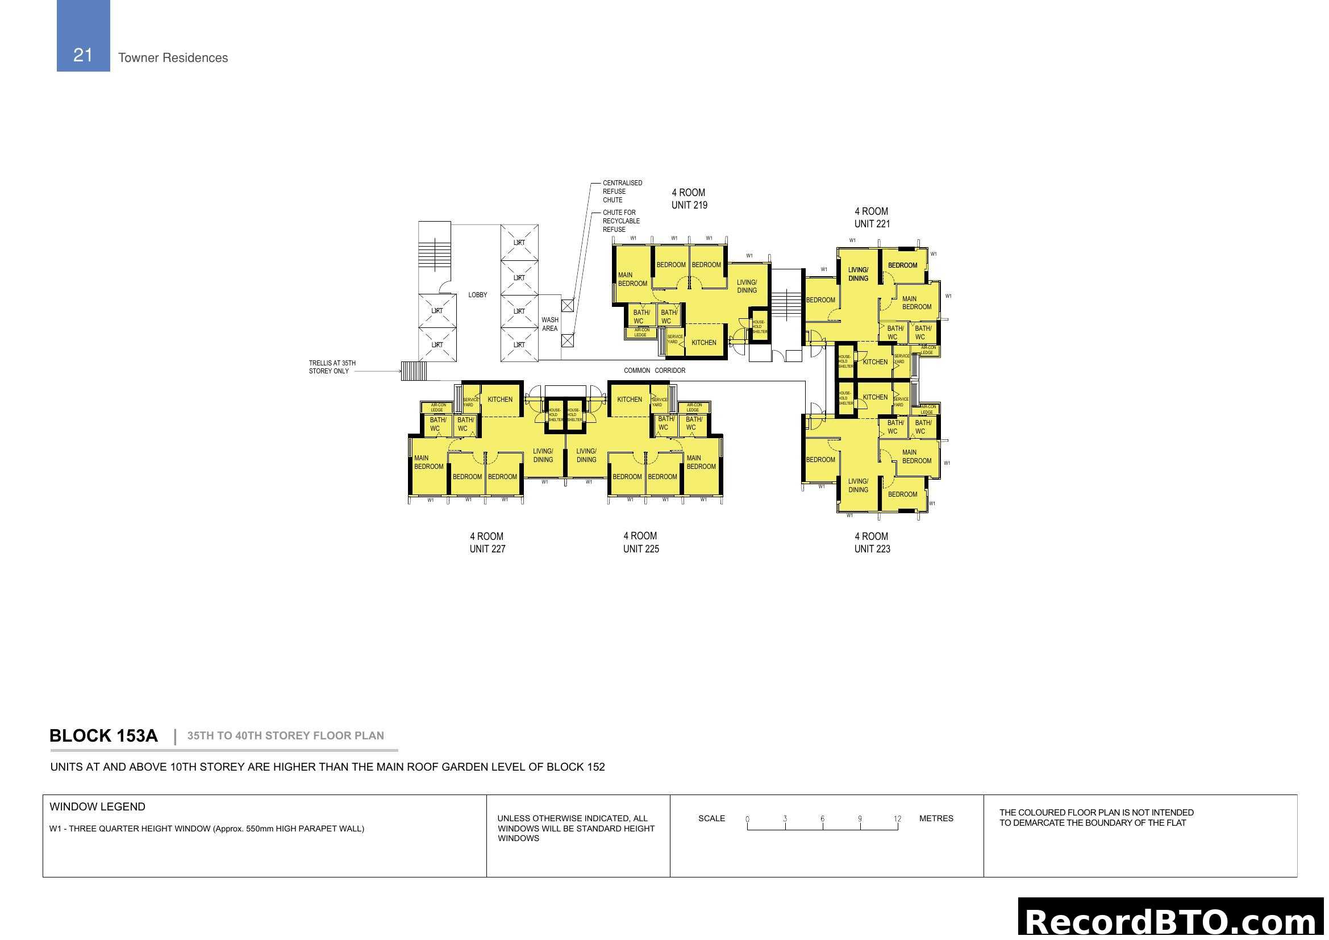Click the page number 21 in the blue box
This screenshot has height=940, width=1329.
[x=83, y=55]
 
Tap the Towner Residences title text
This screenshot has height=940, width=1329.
[x=173, y=58]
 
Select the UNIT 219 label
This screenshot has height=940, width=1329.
[x=689, y=205]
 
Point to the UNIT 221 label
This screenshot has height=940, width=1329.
[x=872, y=224]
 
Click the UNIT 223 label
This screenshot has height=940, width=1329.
[x=872, y=549]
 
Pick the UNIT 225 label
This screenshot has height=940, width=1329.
[x=641, y=549]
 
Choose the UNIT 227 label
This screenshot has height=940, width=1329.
[x=487, y=549]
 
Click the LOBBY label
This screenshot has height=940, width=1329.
[x=477, y=295]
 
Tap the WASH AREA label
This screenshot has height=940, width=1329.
[x=550, y=324]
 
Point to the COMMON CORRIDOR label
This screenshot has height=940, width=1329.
[x=654, y=371]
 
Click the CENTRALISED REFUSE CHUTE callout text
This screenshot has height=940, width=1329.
[x=622, y=192]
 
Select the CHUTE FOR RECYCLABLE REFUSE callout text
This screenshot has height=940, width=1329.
[x=620, y=221]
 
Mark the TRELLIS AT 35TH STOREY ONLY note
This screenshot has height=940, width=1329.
[x=332, y=368]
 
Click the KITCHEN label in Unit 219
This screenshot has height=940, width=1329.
[x=703, y=343]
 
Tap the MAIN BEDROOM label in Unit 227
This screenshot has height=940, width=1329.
[x=428, y=463]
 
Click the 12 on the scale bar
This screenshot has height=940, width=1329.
[x=897, y=818]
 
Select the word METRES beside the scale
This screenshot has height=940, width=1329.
[x=936, y=818]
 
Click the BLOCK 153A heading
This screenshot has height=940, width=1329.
[x=103, y=735]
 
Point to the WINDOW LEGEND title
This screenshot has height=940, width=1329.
[x=97, y=807]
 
